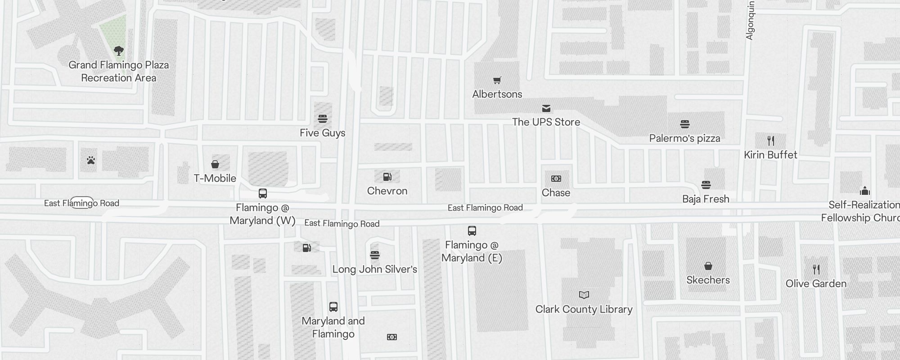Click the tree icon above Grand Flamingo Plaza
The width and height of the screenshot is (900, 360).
pyautogui.click(x=119, y=50)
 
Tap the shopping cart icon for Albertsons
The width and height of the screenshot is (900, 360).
pyautogui.click(x=497, y=81)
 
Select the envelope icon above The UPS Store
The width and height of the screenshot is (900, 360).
pyautogui.click(x=546, y=108)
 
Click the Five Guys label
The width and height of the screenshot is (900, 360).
pyautogui.click(x=323, y=133)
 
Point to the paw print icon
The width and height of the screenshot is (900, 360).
pyautogui.click(x=91, y=160)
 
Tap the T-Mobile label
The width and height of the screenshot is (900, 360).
pyautogui.click(x=215, y=178)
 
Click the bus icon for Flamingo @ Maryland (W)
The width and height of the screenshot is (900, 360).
pyautogui.click(x=263, y=193)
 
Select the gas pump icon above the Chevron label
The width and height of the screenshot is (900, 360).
pyautogui.click(x=387, y=177)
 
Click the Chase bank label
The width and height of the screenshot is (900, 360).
pyautogui.click(x=556, y=193)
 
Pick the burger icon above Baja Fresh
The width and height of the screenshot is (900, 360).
pyautogui.click(x=706, y=185)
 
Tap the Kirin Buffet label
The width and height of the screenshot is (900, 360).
pyautogui.click(x=770, y=155)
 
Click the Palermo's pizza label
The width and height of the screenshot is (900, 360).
pyautogui.click(x=684, y=138)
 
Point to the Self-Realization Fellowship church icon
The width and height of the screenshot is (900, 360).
pyautogui.click(x=865, y=191)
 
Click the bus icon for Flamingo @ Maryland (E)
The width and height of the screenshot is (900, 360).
pyautogui.click(x=472, y=231)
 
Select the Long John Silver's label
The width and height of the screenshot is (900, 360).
pyautogui.click(x=375, y=269)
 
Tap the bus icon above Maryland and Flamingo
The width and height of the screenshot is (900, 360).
pyautogui.click(x=333, y=307)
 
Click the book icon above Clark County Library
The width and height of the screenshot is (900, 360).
pyautogui.click(x=584, y=295)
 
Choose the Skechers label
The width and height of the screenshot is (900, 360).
pyautogui.click(x=708, y=280)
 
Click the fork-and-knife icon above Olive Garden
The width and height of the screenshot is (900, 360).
pyautogui.click(x=816, y=270)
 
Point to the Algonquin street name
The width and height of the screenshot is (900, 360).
pyautogui.click(x=750, y=20)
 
